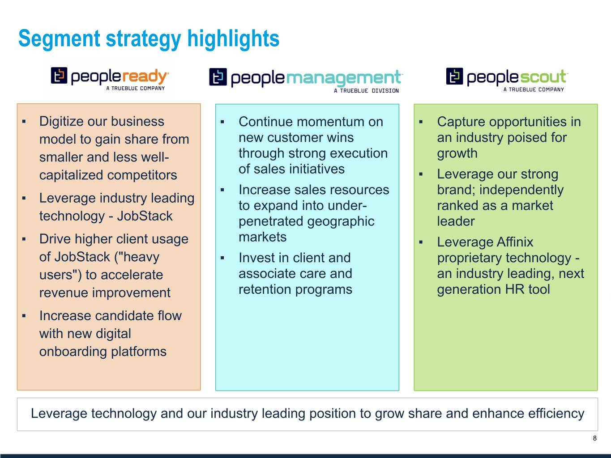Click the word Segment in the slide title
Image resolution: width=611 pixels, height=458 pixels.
[x=59, y=39]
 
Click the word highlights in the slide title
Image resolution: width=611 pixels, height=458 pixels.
[x=233, y=39]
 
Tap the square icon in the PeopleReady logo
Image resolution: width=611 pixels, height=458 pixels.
[x=59, y=75]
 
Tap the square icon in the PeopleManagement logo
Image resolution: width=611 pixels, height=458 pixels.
[x=218, y=77]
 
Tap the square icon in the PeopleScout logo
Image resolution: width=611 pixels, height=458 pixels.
[x=455, y=76]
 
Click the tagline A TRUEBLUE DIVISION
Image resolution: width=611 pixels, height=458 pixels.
[x=366, y=91]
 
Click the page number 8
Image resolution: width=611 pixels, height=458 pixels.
[x=594, y=438]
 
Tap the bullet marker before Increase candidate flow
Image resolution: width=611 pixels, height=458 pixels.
[x=24, y=316]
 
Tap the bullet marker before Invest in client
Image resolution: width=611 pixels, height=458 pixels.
[x=222, y=258]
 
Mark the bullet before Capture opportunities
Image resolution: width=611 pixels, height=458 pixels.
[x=421, y=122]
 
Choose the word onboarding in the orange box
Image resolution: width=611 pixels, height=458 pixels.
[x=73, y=352]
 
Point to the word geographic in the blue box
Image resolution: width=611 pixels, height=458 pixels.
[x=341, y=222]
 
